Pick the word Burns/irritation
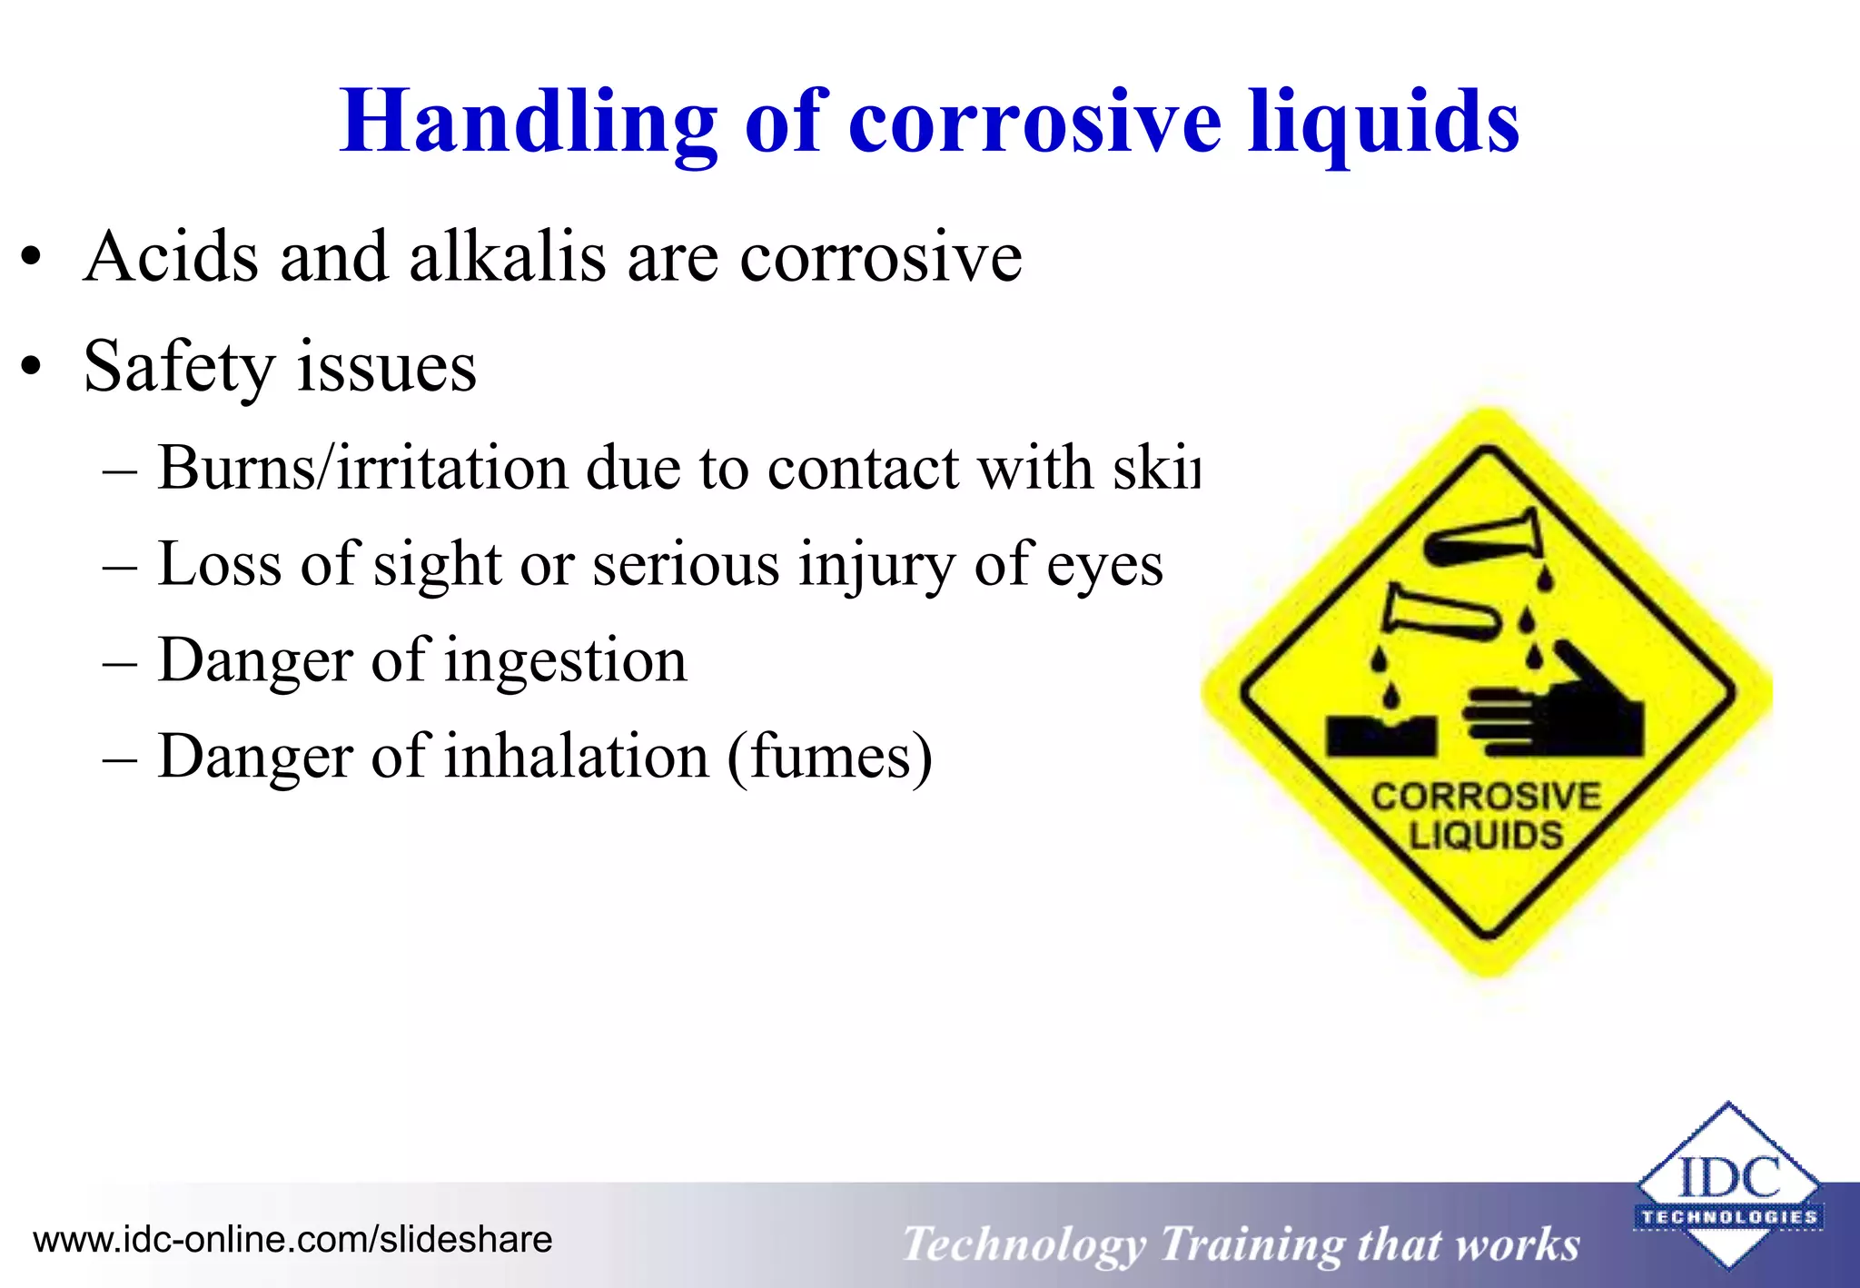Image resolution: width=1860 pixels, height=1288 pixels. coord(362,469)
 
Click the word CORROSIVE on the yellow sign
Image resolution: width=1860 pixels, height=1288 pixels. coord(1486,797)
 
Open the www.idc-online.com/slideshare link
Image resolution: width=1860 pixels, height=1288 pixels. coord(292,1240)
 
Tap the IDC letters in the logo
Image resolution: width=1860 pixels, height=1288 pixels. coord(1728,1178)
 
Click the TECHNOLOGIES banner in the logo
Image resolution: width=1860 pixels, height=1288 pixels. coord(1728,1217)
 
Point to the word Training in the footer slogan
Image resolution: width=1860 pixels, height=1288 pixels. coord(1251,1244)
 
